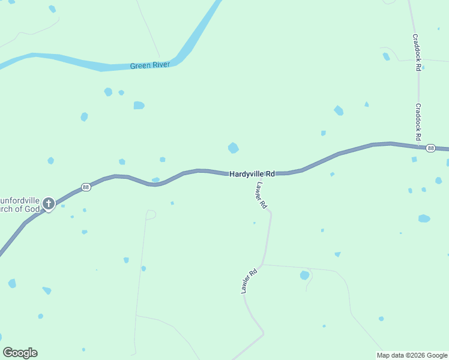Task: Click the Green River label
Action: point(150,65)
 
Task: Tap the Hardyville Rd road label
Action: point(252,173)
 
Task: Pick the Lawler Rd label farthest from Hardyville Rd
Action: point(249,280)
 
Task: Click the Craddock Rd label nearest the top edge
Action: point(415,52)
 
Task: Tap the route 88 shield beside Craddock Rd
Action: point(430,148)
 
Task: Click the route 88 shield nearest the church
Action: point(86,187)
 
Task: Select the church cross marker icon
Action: point(49,204)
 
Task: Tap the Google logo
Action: point(20,353)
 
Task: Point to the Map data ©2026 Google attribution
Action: point(412,355)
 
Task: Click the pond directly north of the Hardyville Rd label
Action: point(234,148)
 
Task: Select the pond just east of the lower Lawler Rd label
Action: point(304,275)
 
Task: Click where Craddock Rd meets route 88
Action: point(418,146)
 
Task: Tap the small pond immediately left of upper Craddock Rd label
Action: point(386,57)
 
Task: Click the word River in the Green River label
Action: point(160,65)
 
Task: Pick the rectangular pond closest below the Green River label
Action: point(139,105)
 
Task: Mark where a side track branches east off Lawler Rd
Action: point(262,265)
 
